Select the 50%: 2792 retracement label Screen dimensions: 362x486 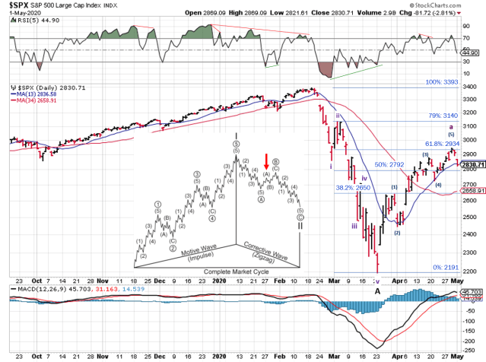click(x=389, y=164)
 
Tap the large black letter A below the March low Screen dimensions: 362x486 click(x=377, y=290)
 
